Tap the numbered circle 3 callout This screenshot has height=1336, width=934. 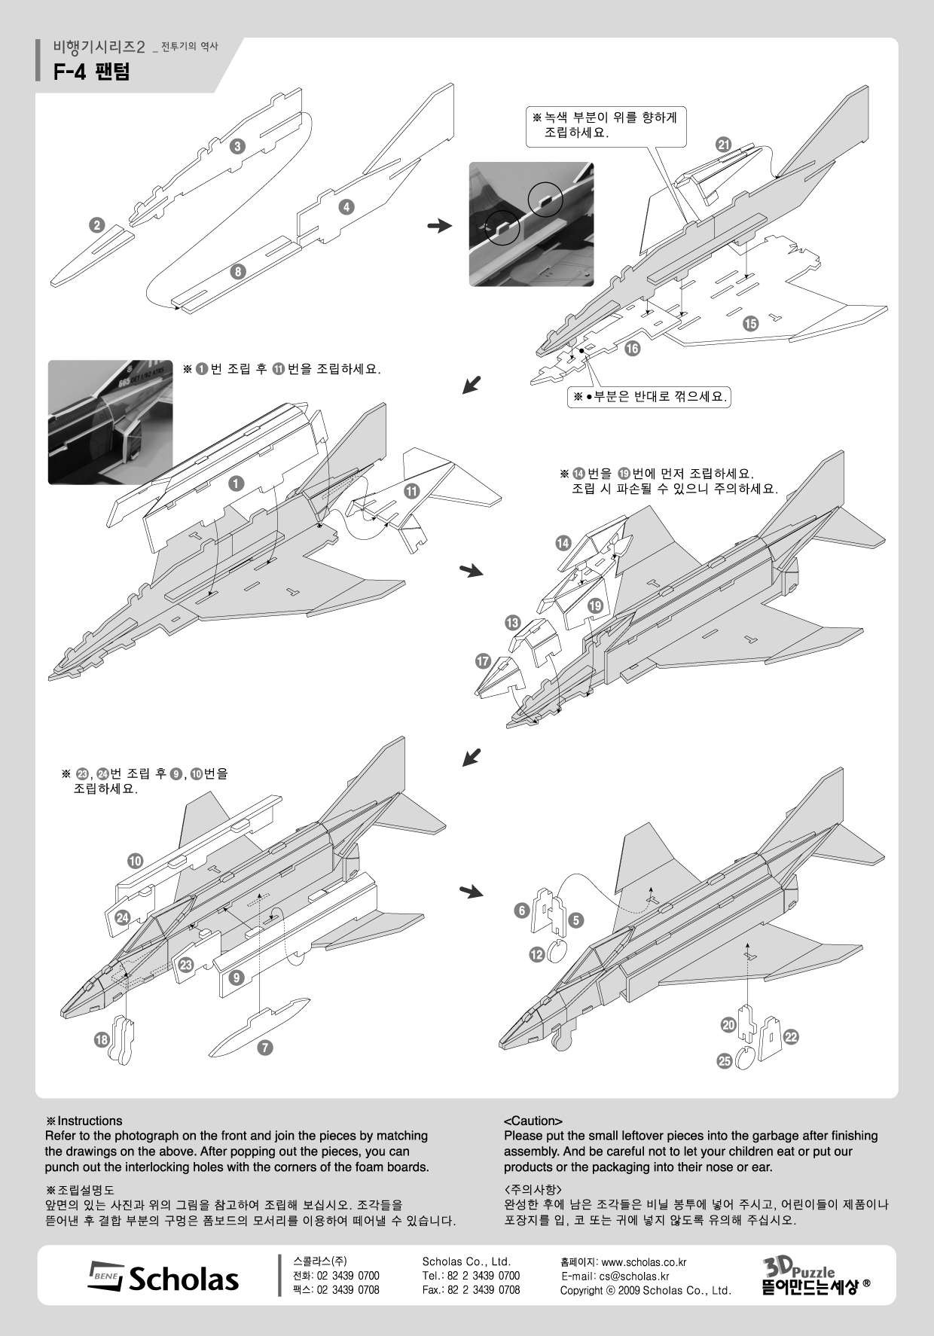[x=237, y=147]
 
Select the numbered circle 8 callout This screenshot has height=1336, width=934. [x=238, y=272]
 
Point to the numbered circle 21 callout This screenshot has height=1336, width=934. [x=724, y=145]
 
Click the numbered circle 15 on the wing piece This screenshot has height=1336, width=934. [x=750, y=324]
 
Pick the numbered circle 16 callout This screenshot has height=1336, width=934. [x=631, y=348]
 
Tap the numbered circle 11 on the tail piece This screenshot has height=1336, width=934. [x=411, y=492]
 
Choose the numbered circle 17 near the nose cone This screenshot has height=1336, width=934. [x=483, y=662]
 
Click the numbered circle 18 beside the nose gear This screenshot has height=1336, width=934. [x=101, y=1040]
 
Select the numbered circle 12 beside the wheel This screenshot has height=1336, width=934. [x=536, y=954]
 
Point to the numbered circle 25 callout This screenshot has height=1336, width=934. [x=725, y=1061]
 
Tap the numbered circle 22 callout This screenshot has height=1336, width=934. [x=790, y=1037]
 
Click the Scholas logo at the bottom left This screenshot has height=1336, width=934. [x=164, y=1279]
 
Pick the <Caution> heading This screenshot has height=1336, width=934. [x=533, y=1121]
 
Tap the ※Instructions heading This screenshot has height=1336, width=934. [x=84, y=1121]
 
